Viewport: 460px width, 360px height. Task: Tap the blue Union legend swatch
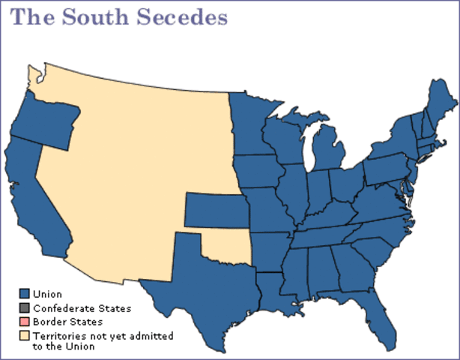pos(25,294)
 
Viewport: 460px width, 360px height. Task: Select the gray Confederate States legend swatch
pos(25,307)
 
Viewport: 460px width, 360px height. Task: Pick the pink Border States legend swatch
pos(25,321)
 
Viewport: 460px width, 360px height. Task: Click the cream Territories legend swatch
pos(25,334)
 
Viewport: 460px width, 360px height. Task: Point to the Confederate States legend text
pos(82,308)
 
